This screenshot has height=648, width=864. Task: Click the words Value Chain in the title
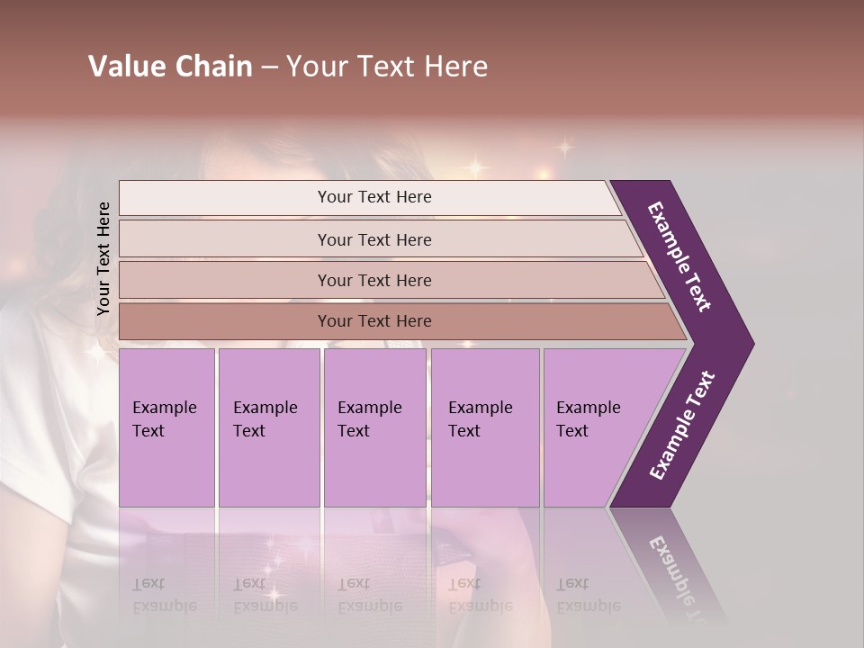tap(170, 67)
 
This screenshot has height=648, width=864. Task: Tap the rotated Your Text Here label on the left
tap(103, 258)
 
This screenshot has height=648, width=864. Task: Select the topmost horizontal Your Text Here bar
tap(373, 197)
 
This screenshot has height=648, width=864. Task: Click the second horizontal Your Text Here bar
tap(373, 239)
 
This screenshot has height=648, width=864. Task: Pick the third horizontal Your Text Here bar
tap(373, 280)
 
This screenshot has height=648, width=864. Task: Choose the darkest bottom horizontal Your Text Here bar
tap(373, 321)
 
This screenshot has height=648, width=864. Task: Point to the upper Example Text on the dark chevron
tap(679, 256)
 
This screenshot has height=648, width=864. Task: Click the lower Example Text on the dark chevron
tap(682, 426)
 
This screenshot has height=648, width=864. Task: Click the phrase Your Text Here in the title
tap(387, 67)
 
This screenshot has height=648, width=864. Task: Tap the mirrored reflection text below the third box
tap(369, 595)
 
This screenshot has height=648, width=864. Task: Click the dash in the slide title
tap(269, 67)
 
